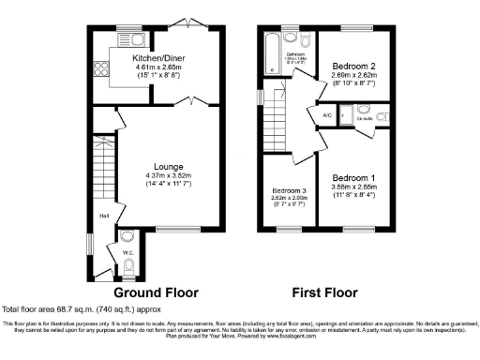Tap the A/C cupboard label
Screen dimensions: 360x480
coord(327,115)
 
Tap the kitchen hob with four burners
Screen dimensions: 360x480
coord(100,67)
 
